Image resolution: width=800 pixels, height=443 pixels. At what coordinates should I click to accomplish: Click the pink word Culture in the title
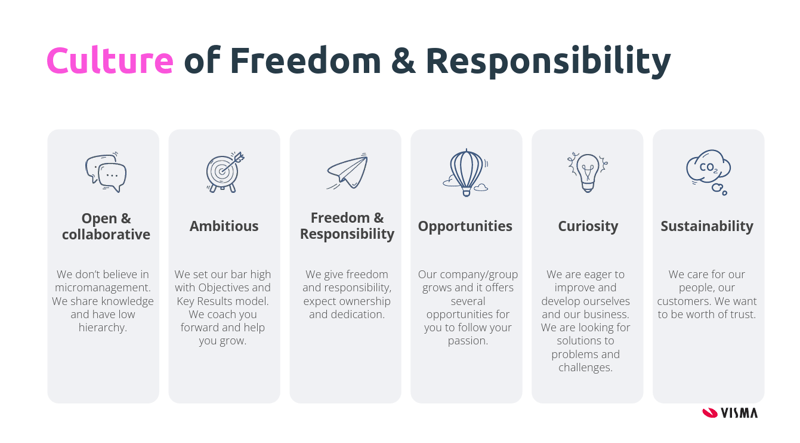pos(110,60)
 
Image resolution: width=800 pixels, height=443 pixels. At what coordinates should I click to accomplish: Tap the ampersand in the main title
pos(403,61)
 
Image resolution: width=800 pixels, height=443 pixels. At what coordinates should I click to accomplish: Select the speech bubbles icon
pos(106,172)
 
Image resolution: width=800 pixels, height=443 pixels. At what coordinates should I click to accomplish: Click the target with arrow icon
pos(225,172)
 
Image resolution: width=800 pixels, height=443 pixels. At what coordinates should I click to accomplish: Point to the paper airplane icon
pos(347,171)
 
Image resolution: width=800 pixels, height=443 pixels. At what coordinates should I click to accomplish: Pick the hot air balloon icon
pos(465,173)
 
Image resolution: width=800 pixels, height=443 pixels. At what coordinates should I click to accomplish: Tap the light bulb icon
pos(587,172)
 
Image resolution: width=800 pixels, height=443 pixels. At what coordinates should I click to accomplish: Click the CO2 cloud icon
pos(708,172)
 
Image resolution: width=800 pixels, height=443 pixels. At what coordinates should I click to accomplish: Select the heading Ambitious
pos(224,226)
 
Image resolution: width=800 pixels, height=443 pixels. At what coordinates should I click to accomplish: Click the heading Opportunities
pos(465,227)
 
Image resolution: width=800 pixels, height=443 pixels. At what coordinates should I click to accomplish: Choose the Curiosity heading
pos(588,227)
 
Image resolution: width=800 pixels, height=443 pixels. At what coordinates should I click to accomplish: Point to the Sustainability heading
pos(707,227)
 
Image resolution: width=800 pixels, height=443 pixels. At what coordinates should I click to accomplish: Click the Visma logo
pos(730,412)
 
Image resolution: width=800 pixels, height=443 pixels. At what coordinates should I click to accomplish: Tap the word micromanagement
pos(103,288)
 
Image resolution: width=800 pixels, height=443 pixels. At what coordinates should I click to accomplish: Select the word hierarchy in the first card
pos(102,328)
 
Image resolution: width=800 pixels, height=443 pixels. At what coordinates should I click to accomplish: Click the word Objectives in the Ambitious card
pos(223,288)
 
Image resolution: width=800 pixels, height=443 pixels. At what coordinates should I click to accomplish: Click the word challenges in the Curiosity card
pos(585,367)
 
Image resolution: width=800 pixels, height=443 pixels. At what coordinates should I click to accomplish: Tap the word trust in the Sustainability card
pos(741,314)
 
